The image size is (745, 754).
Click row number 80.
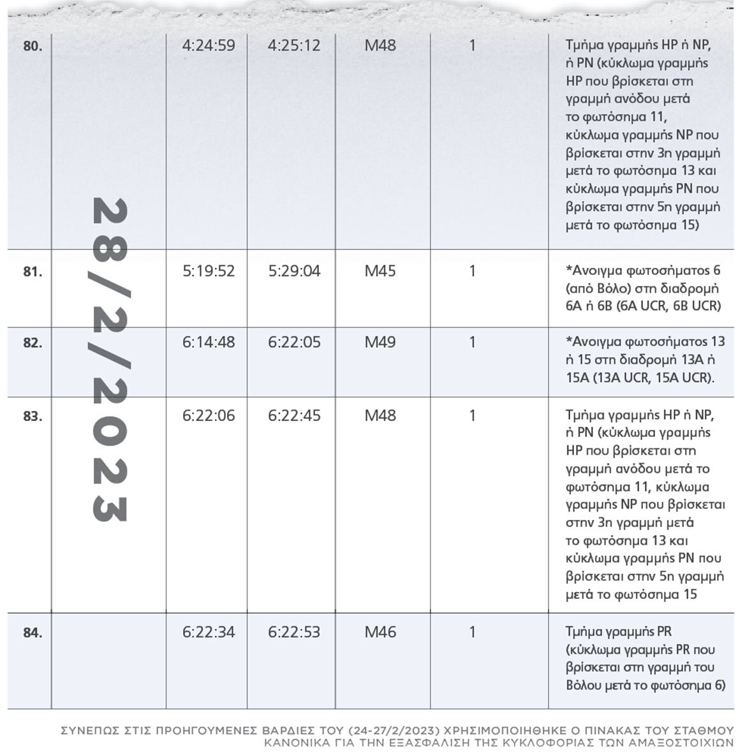32,47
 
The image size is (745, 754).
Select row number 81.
32,272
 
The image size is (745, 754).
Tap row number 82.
32,343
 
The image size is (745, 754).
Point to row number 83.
32,417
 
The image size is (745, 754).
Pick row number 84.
32,633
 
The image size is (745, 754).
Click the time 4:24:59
209,46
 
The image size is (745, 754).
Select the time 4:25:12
294,46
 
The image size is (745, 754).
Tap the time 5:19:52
209,271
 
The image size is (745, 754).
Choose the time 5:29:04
294,271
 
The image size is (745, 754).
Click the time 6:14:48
209,343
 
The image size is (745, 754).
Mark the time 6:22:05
294,343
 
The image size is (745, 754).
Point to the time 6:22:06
209,416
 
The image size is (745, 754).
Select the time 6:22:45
294,416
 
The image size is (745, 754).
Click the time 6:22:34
209,633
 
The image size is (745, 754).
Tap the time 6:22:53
294,633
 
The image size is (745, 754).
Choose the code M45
380,271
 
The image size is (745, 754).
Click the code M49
380,343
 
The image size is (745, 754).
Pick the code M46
380,633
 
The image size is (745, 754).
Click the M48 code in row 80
380,46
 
